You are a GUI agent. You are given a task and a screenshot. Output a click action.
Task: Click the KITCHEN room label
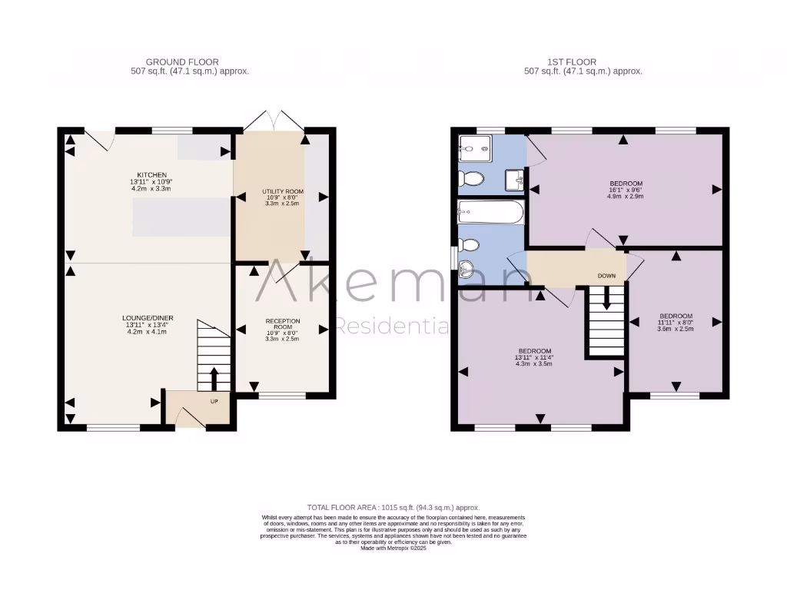(x=152, y=174)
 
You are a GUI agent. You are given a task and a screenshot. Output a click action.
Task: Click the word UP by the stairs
(x=215, y=401)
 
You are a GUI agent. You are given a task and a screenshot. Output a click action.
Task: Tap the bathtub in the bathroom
(x=490, y=212)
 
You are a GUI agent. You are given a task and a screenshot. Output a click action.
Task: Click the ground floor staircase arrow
(x=214, y=378)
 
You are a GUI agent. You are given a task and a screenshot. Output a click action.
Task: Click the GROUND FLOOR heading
(x=182, y=61)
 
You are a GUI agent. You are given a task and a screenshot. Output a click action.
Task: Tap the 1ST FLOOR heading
(x=583, y=61)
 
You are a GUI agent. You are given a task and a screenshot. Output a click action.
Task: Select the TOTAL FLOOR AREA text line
(x=393, y=507)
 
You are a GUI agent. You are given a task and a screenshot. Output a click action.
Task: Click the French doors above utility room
(x=272, y=121)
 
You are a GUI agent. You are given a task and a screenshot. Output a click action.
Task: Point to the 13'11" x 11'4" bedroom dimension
(x=534, y=356)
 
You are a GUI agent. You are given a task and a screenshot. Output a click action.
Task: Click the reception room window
(x=282, y=396)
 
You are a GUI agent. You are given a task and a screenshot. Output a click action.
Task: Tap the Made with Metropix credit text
(x=393, y=548)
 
